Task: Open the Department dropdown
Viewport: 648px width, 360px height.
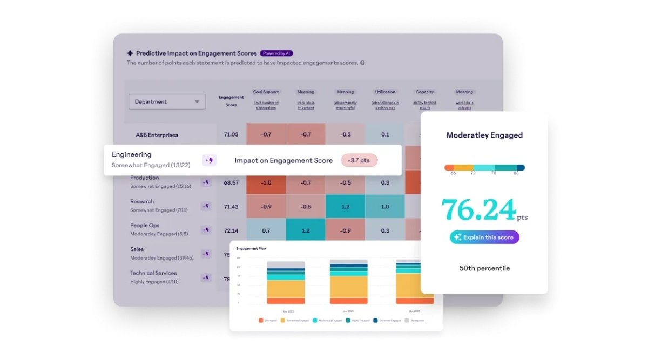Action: click(x=167, y=101)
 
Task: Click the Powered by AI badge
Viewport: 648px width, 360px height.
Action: click(x=276, y=53)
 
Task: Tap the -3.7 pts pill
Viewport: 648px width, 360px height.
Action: click(x=359, y=160)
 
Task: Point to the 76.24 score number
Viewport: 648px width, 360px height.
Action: click(x=479, y=210)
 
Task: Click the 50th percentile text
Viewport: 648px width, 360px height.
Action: click(x=484, y=268)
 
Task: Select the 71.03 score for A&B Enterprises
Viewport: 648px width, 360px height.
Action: click(x=231, y=134)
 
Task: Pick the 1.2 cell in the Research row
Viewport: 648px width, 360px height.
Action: click(x=345, y=206)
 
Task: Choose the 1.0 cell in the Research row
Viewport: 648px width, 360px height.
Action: click(x=385, y=206)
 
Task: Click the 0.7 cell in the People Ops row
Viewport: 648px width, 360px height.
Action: click(x=266, y=230)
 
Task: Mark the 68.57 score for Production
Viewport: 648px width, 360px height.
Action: click(x=231, y=182)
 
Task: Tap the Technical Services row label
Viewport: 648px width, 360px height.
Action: click(x=153, y=273)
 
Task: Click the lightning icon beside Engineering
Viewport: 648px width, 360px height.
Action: click(x=210, y=160)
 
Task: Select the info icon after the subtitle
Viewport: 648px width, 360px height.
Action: click(x=362, y=63)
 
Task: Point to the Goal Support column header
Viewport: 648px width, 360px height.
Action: click(x=266, y=92)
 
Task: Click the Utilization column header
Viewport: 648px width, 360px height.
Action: click(x=385, y=92)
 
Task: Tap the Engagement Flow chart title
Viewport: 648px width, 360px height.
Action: click(x=251, y=248)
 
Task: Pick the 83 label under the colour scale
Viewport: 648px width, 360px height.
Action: click(x=517, y=173)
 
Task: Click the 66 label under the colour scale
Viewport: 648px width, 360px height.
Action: click(x=453, y=173)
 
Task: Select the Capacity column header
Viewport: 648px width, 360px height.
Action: click(x=425, y=92)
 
